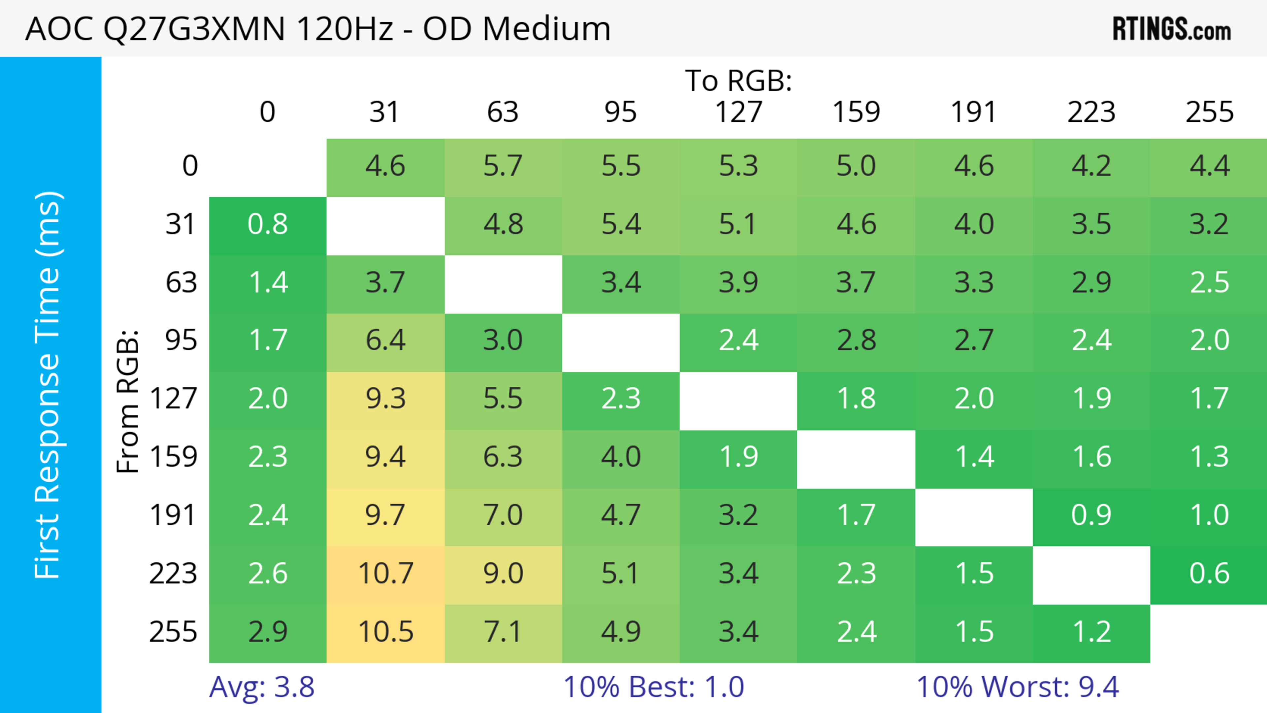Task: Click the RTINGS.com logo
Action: pos(1172,28)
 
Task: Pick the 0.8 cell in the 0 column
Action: pos(268,224)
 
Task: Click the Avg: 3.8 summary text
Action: pos(262,687)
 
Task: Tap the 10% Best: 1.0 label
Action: pos(653,687)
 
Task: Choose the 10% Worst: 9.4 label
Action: pos(1017,687)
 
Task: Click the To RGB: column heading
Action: pos(738,80)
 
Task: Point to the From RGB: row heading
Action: pos(128,401)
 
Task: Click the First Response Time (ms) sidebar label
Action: pos(48,384)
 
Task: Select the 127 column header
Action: pos(738,112)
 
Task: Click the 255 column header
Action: pos(1209,112)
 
